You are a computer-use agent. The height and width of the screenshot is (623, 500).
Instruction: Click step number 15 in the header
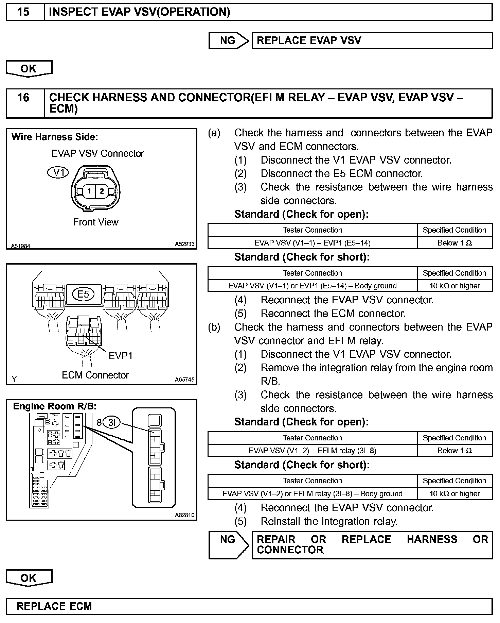pyautogui.click(x=23, y=12)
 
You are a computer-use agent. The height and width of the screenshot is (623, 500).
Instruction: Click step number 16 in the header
pyautogui.click(x=23, y=98)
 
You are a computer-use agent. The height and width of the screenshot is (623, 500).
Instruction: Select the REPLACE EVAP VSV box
pyautogui.click(x=372, y=41)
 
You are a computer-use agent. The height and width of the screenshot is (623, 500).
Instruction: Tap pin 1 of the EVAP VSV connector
pyautogui.click(x=89, y=191)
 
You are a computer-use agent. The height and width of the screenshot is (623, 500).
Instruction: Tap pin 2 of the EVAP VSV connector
pyautogui.click(x=102, y=191)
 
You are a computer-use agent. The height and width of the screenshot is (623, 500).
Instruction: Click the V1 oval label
pyautogui.click(x=58, y=172)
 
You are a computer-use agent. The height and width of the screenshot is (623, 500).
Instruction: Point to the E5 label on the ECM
pyautogui.click(x=83, y=294)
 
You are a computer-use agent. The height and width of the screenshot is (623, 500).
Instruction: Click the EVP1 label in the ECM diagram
pyautogui.click(x=120, y=356)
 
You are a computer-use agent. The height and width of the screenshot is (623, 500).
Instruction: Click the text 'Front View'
pyautogui.click(x=96, y=222)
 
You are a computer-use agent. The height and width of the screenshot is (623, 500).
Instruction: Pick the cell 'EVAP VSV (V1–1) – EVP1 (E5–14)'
pyautogui.click(x=312, y=243)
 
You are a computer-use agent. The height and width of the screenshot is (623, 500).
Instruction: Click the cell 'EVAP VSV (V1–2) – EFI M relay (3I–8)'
pyautogui.click(x=312, y=451)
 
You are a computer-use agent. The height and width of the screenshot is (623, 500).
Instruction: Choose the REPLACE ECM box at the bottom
pyautogui.click(x=249, y=606)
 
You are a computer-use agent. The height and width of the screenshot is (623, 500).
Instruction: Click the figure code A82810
pyautogui.click(x=184, y=515)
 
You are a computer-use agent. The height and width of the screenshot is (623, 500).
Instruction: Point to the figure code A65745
pyautogui.click(x=184, y=380)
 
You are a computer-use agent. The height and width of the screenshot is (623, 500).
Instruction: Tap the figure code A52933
pyautogui.click(x=184, y=244)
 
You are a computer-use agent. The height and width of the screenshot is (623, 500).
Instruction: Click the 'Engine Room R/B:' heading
pyautogui.click(x=55, y=406)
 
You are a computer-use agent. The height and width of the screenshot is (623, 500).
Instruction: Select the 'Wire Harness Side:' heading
pyautogui.click(x=55, y=137)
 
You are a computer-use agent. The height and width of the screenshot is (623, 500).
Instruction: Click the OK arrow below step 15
pyautogui.click(x=29, y=69)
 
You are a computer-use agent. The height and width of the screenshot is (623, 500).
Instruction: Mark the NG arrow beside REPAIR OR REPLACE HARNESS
pyautogui.click(x=229, y=545)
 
